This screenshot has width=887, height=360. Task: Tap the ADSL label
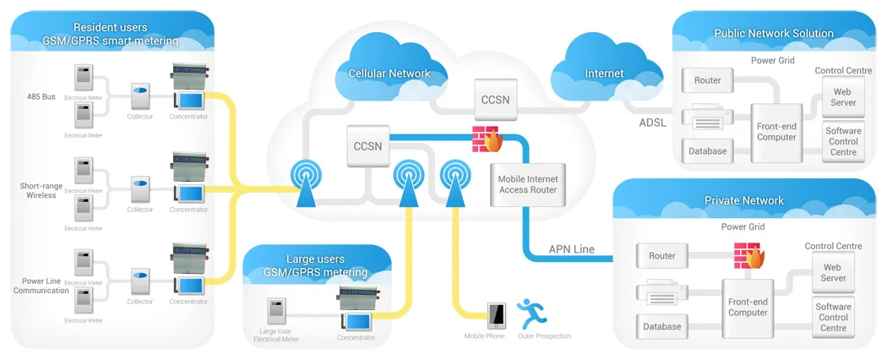pyautogui.click(x=654, y=123)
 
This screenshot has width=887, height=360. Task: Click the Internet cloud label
pyautogui.click(x=604, y=74)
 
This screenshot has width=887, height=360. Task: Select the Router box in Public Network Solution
pyautogui.click(x=708, y=81)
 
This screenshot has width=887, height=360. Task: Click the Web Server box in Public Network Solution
pyautogui.click(x=844, y=97)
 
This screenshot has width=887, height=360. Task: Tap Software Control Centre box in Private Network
pyautogui.click(x=833, y=317)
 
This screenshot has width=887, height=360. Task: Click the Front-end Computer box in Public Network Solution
pyautogui.click(x=776, y=131)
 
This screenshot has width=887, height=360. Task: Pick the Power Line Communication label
pyautogui.click(x=41, y=286)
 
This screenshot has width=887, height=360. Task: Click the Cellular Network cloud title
pyautogui.click(x=389, y=74)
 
